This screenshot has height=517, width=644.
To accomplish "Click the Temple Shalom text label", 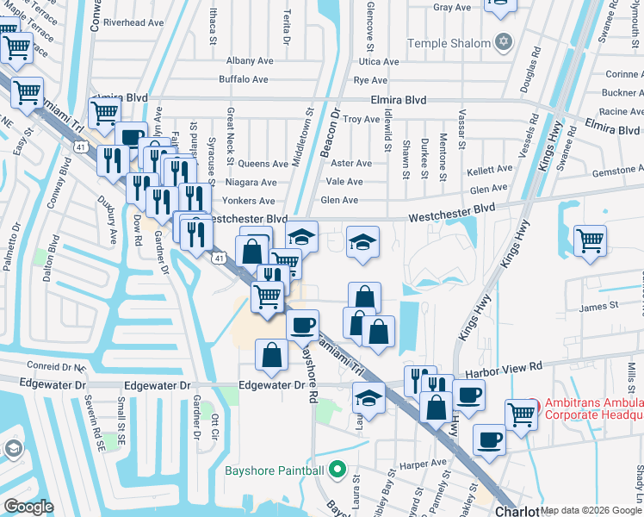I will point(447,43).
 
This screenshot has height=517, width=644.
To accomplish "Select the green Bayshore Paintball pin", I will point(337,470).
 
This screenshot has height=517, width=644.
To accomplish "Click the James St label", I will point(599,305).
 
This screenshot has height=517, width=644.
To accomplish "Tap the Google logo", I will point(28,507).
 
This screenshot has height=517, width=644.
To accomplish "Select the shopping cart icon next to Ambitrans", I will point(521,414).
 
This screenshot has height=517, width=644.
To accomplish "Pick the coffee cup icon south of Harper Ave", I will point(489,439).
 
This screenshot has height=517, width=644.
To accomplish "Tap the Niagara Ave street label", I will point(251,183).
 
